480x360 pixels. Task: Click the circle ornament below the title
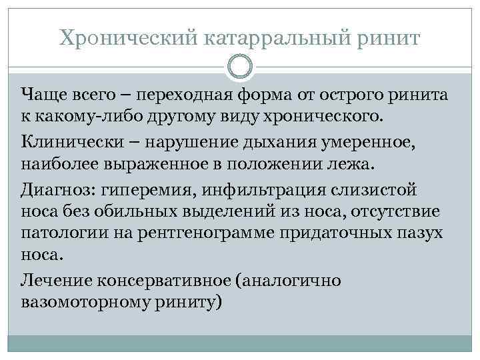coord(240,67)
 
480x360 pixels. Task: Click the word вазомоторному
coord(74,303)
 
